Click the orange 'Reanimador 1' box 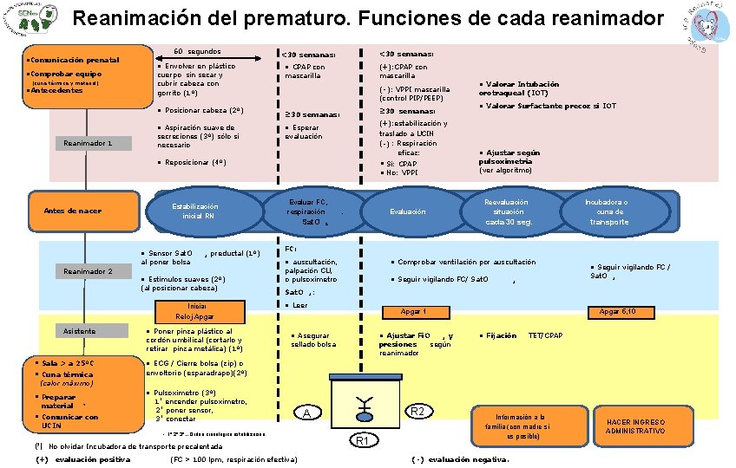coord(85,143)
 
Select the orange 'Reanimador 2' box coord(85,272)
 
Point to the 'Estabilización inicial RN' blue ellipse coord(194,211)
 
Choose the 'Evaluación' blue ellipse coord(408,211)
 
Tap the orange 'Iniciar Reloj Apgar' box coord(196,311)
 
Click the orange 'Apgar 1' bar coord(412,311)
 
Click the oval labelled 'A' coord(307,413)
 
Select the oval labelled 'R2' coord(417,410)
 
